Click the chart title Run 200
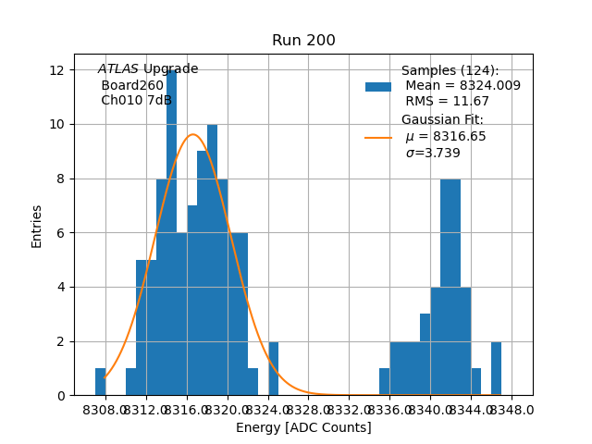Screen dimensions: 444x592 (303, 41)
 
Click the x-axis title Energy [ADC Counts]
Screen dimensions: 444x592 (303, 427)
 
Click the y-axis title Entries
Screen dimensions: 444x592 (37, 225)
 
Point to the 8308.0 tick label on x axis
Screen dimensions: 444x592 (105, 409)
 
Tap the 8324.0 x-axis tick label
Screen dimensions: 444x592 (268, 409)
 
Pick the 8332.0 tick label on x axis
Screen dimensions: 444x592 (350, 409)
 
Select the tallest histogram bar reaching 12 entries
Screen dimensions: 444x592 (172, 231)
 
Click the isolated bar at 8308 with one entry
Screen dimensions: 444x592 (101, 382)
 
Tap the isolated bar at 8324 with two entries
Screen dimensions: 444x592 (274, 369)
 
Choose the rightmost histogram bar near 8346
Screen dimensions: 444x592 (497, 369)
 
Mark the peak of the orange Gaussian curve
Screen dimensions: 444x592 (192, 134)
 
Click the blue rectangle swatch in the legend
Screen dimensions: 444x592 (378, 86)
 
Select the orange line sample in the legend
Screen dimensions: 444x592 (378, 137)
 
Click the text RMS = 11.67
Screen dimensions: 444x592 (448, 102)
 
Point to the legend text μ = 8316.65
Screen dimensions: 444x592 (446, 137)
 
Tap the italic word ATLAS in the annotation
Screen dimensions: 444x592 (118, 69)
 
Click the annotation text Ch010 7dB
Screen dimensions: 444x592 (137, 101)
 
